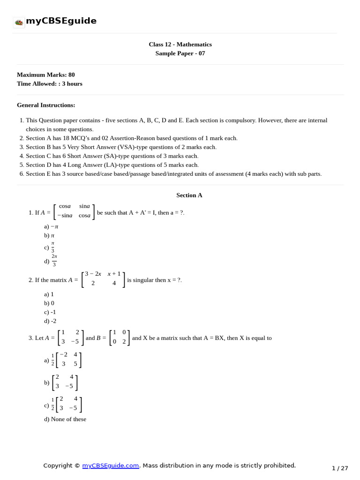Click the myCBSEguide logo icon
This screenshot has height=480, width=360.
tap(19, 22)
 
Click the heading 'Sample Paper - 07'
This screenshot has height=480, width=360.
tap(180, 53)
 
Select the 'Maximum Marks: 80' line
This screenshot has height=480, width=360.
tap(46, 75)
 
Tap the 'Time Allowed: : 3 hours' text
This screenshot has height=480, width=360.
tap(50, 83)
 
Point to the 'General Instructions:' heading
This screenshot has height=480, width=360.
tap(46, 105)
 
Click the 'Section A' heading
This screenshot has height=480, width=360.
tap(189, 195)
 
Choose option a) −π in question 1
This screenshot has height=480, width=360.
tap(51, 226)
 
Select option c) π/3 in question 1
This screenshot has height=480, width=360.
tap(50, 247)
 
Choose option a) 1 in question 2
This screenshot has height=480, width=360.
tap(49, 294)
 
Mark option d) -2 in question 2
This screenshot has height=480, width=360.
tap(50, 321)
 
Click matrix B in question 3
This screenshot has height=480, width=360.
tap(120, 337)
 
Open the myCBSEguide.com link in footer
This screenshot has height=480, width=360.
tap(111, 465)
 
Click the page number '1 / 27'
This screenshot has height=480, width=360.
tap(340, 468)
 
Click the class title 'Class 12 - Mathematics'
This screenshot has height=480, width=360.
tap(180, 45)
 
